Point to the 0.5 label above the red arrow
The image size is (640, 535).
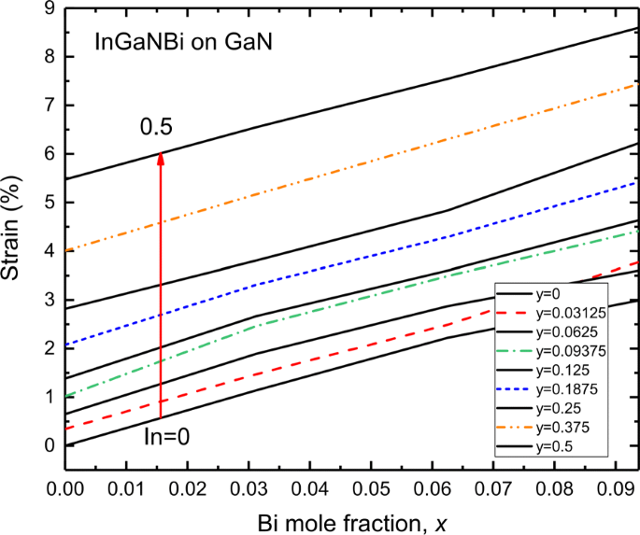(157, 128)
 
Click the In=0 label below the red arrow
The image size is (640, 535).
(167, 436)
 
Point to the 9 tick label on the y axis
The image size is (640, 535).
(50, 8)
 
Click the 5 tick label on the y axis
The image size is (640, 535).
(50, 203)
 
